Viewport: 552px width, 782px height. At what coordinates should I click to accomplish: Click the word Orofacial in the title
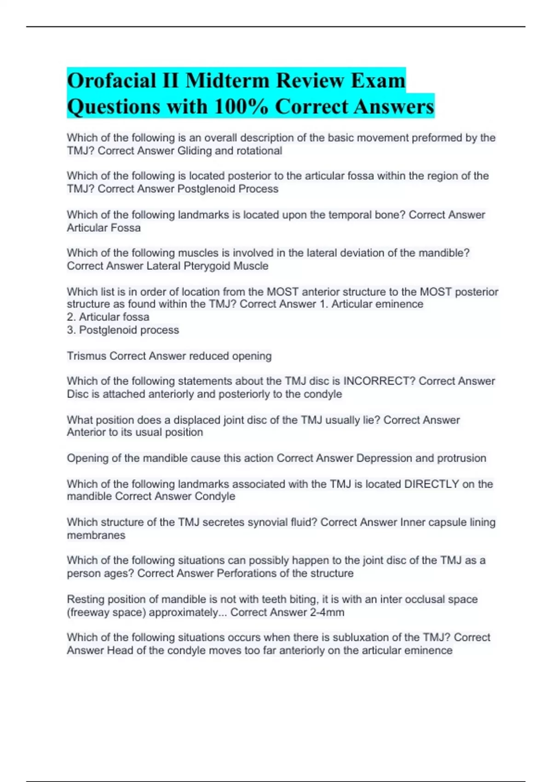[x=111, y=81]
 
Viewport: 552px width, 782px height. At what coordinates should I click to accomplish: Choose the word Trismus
[x=86, y=356]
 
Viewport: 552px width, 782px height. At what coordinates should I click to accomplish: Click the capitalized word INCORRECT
[x=379, y=381]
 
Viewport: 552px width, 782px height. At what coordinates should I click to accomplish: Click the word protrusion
[x=457, y=458]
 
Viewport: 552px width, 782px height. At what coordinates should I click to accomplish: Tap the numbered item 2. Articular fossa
[x=108, y=317]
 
